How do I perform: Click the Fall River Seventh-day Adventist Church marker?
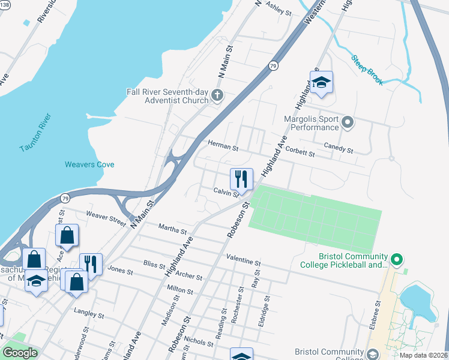click(x=217, y=95)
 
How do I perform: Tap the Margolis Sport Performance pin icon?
click(x=348, y=123)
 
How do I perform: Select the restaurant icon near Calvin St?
click(x=241, y=179)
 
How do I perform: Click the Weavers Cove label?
click(x=89, y=164)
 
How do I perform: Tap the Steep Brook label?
click(x=367, y=62)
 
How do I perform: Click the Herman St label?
click(x=223, y=145)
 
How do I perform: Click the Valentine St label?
click(x=243, y=262)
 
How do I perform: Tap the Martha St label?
click(x=172, y=228)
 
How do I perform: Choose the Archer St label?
click(x=189, y=277)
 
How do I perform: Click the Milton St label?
click(x=179, y=290)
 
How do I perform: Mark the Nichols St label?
click(x=198, y=340)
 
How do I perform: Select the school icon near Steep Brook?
click(x=322, y=83)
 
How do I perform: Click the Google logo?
click(x=20, y=353)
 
